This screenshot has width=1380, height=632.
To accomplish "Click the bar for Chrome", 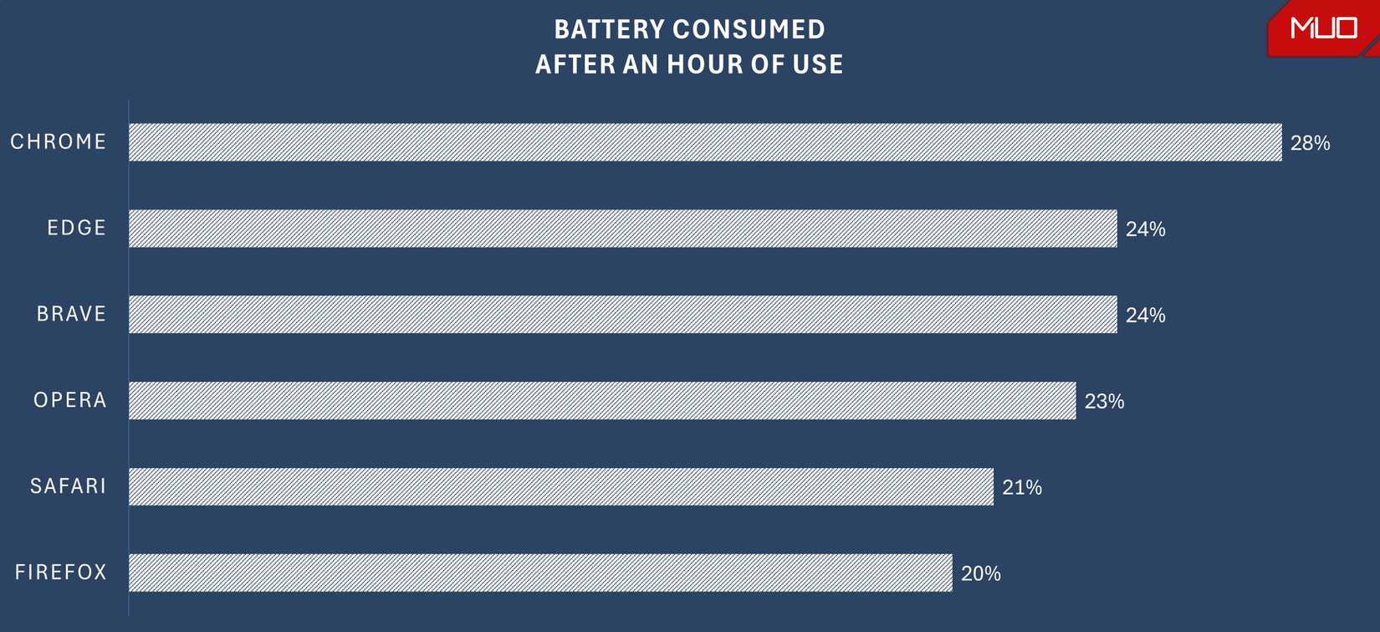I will tap(705, 142).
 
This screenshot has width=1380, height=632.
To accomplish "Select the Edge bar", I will tap(623, 229).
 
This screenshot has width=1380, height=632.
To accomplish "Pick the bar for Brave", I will tap(623, 314).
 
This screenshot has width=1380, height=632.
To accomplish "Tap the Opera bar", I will tap(602, 400).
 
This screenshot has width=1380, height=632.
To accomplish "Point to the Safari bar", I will tap(561, 486).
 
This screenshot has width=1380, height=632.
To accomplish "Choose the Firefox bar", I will tap(540, 573).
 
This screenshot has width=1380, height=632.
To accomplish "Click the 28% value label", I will tap(1310, 143).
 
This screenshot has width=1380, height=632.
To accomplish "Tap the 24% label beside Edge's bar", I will tap(1145, 229).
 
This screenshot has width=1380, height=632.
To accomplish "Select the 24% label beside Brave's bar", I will tap(1145, 316).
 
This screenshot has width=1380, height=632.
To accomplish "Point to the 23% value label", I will tap(1104, 402).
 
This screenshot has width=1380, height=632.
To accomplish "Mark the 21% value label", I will tap(1022, 487).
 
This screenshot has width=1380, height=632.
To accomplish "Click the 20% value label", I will tap(981, 573).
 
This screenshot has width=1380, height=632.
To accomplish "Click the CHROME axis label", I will tap(59, 142).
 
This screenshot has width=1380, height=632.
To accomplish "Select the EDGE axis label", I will tap(77, 228).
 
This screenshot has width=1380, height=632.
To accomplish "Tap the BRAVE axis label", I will tap(72, 314).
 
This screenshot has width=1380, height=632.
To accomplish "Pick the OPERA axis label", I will tap(70, 400).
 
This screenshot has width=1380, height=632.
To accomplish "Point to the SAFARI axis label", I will tap(69, 486).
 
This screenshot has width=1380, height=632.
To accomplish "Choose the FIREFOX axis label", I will tap(61, 573).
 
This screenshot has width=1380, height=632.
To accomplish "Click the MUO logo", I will tap(1324, 28).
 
